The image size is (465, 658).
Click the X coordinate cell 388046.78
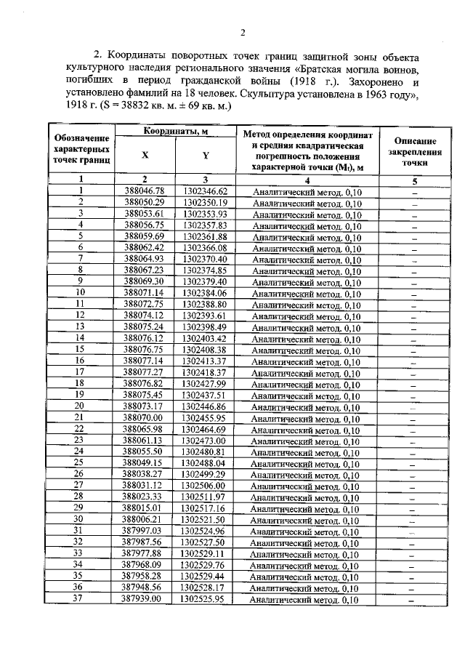click(145, 190)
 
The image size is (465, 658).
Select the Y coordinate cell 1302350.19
click(206, 202)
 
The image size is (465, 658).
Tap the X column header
click(145, 154)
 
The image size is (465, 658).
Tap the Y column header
click(206, 154)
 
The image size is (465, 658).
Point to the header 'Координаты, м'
click(175, 131)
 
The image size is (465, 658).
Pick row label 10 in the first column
click(81, 292)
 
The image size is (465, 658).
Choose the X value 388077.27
click(144, 372)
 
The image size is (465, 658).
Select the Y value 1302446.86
click(206, 406)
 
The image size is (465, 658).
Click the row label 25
click(81, 462)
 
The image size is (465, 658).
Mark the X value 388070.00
click(144, 417)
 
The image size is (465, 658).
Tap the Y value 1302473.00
click(206, 440)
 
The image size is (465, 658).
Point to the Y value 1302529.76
click(206, 565)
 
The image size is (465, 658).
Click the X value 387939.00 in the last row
click(144, 599)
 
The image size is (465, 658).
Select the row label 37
click(81, 599)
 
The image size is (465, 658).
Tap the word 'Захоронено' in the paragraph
click(378, 84)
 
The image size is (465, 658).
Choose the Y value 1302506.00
click(206, 485)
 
